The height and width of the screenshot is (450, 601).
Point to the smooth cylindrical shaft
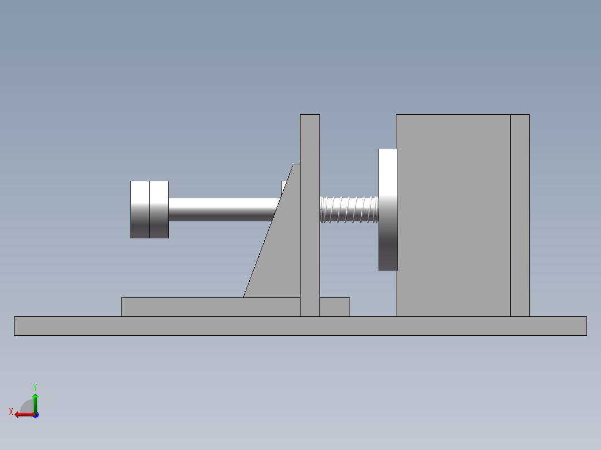223,209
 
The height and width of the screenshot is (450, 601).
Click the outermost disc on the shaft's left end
139,209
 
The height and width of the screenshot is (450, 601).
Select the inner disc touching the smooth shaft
159,209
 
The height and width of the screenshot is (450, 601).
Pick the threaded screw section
349,209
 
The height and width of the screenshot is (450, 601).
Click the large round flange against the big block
388,209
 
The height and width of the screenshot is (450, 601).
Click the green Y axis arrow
35,401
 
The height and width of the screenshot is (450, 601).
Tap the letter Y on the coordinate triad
35,387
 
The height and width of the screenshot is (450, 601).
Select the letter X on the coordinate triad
11,412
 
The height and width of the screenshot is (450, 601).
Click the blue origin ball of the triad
35,415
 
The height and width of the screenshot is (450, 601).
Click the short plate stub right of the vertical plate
335,307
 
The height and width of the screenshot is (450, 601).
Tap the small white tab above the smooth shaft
284,187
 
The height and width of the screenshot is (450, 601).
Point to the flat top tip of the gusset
297,165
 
